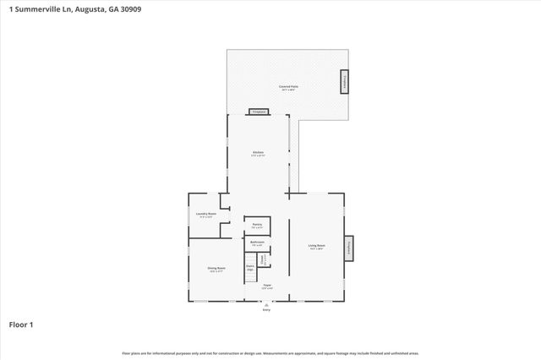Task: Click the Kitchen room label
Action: tap(258, 153)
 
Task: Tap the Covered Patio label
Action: tap(288, 87)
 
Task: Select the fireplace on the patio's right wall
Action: tap(344, 82)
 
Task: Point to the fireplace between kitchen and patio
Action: tap(258, 112)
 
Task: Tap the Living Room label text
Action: tap(316, 247)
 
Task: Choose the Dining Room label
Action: tap(216, 269)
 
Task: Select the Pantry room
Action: tap(257, 225)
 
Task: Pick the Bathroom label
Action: tap(257, 243)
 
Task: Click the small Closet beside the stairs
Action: tap(263, 259)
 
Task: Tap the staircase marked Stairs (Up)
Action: tap(250, 268)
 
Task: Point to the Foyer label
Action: tap(266, 286)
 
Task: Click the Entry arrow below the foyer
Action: tap(266, 303)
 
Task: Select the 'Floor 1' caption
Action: tap(21, 325)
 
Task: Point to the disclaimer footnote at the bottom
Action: tap(270, 352)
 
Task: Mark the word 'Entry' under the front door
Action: tap(266, 310)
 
